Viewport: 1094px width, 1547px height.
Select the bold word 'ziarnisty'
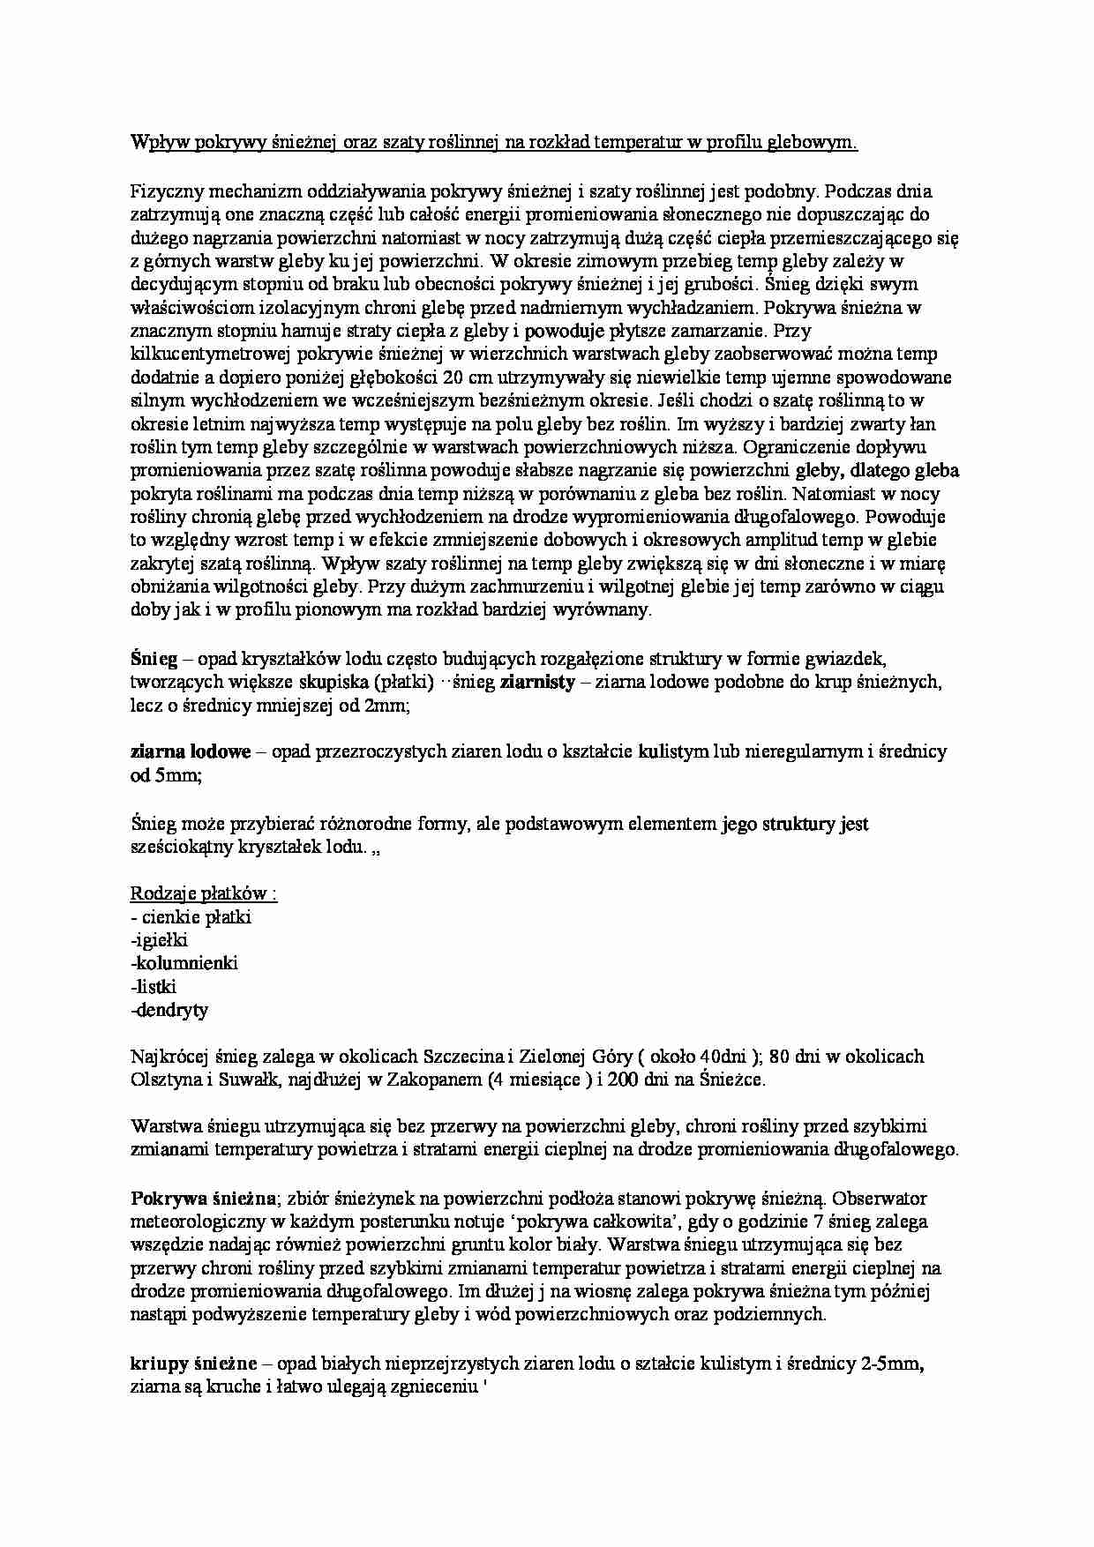[x=537, y=682]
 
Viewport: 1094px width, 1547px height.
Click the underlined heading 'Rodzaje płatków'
[x=204, y=893]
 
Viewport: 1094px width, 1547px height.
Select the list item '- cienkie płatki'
[x=191, y=917]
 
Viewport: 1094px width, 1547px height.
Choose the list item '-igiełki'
[x=159, y=940]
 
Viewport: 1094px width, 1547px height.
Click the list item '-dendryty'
[x=169, y=1011]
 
